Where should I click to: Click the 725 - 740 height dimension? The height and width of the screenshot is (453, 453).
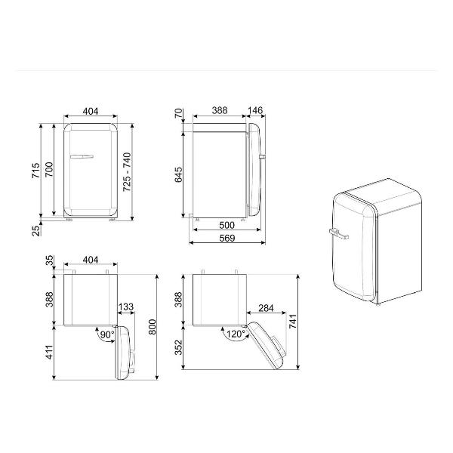click(x=127, y=172)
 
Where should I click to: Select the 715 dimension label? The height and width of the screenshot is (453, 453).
click(x=35, y=170)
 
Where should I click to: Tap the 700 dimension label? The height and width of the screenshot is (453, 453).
click(x=49, y=170)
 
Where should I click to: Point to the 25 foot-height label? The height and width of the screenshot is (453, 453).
click(x=35, y=231)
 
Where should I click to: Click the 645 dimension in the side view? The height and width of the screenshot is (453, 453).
click(x=178, y=174)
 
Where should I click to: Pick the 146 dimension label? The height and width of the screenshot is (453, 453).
click(x=255, y=110)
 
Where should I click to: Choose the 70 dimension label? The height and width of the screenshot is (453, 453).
click(x=178, y=112)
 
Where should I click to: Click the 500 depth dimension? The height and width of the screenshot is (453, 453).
click(x=226, y=225)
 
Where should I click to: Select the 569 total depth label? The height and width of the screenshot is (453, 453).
click(x=227, y=238)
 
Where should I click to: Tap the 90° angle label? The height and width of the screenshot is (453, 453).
click(x=107, y=334)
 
